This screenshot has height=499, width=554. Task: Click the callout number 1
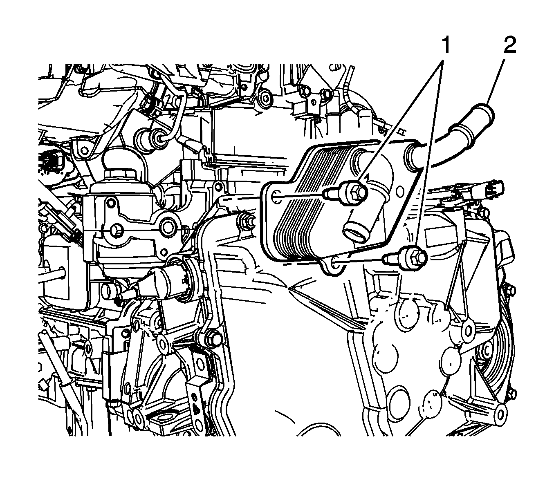point(445,45)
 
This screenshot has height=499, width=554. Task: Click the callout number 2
point(510,45)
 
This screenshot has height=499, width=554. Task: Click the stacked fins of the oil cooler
point(307,204)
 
